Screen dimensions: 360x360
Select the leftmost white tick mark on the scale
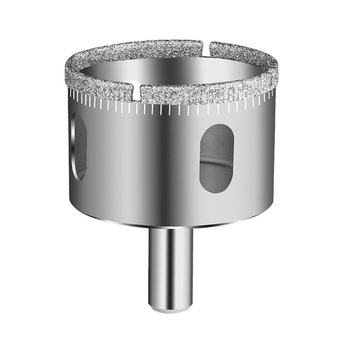coord(70,92)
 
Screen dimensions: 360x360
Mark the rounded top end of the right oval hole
coord(217,127)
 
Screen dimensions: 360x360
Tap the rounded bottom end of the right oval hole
coord(216,190)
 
